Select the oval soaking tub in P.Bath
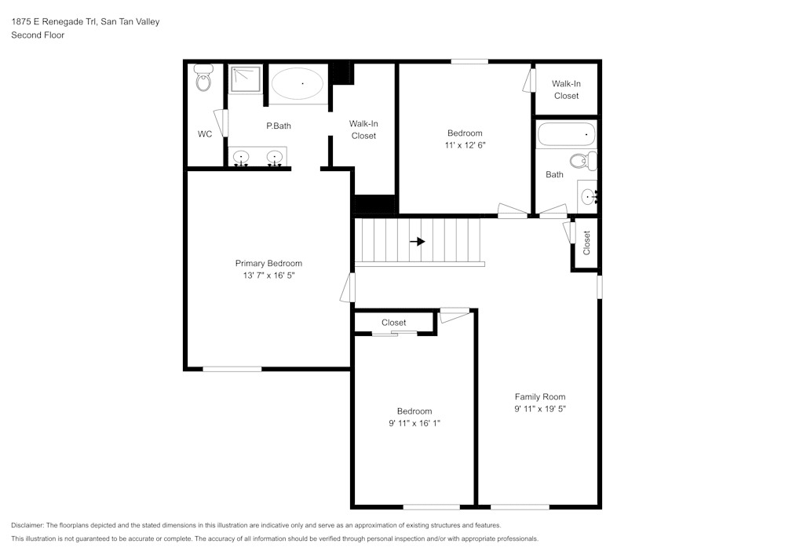298,83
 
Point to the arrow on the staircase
418,242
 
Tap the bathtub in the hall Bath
566,135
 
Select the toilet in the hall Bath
582,162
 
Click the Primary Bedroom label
268,263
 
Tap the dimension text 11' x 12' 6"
465,145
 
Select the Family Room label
539,396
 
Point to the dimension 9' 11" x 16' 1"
414,424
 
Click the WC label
204,134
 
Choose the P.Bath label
279,126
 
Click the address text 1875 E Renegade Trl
54,22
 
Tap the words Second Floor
38,35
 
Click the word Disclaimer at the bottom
27,525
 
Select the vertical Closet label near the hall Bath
586,243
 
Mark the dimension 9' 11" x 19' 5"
539,409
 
